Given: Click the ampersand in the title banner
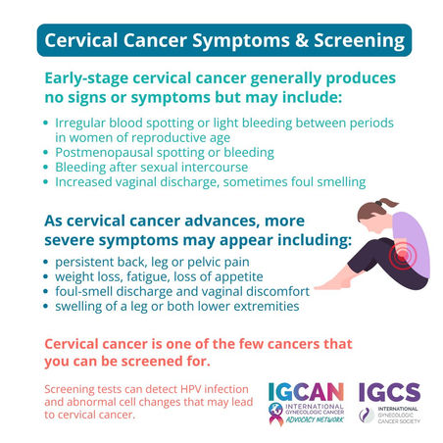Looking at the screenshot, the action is point(302,40).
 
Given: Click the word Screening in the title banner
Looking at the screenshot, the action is point(359,41).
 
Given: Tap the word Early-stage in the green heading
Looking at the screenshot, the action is point(86,79).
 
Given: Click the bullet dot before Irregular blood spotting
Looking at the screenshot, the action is point(46,123).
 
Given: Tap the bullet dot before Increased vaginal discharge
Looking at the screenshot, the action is point(46,181).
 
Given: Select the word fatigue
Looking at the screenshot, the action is point(148,277).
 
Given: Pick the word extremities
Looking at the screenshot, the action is point(267,307).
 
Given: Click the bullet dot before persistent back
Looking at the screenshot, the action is point(46,262).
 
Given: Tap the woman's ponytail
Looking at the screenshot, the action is point(388,203).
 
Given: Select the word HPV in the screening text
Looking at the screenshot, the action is point(191,389).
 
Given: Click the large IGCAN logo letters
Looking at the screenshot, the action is point(306,392).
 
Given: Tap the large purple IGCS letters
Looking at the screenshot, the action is point(389,392).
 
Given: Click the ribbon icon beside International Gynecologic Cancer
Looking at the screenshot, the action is point(276,415).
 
